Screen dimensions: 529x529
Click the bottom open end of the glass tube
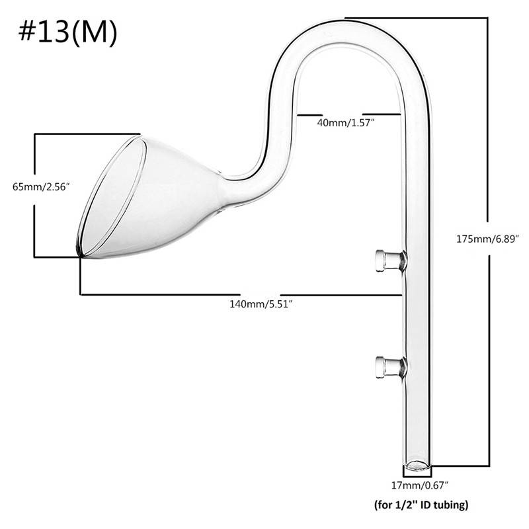click(417, 465)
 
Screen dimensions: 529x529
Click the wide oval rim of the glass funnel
click(112, 195)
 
